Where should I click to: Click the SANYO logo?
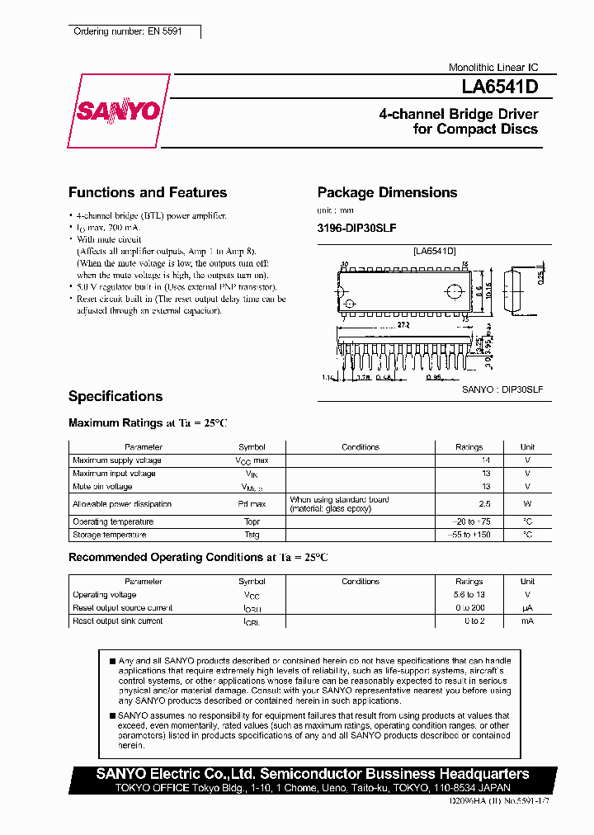coord(119,111)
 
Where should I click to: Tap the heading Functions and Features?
coord(147,192)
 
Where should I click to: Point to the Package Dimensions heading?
coord(387,192)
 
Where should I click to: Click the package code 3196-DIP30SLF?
coord(357,228)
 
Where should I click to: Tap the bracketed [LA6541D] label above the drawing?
coord(435,251)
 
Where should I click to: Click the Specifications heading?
coord(115,396)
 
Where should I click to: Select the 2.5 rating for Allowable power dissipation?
coord(485,503)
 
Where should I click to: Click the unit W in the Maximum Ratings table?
coord(527,503)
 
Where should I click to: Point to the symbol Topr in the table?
coord(252,521)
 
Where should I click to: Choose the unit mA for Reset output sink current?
coord(527,620)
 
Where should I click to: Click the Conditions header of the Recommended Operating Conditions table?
coord(360,582)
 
